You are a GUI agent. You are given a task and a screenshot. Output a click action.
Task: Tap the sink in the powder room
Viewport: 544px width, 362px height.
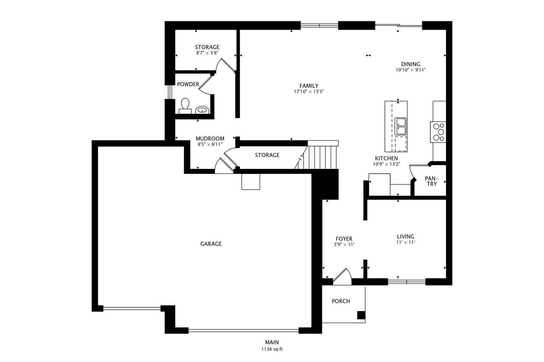[202, 110]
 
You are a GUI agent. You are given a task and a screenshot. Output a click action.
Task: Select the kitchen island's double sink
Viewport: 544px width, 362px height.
[400, 126]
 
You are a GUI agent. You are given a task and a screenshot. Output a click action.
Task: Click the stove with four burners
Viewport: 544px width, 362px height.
[439, 132]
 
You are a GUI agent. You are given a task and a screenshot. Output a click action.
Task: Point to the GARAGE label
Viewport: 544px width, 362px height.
[211, 244]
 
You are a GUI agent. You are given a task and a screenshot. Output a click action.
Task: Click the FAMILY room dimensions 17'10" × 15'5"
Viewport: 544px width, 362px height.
[309, 92]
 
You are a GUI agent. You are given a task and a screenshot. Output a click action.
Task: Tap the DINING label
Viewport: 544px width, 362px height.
[411, 64]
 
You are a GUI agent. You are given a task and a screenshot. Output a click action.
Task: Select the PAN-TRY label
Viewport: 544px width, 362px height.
[432, 181]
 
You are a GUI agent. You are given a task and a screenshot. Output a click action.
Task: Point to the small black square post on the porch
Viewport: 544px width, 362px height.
[361, 315]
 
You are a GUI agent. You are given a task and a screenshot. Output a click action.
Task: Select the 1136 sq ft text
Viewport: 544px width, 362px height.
[272, 349]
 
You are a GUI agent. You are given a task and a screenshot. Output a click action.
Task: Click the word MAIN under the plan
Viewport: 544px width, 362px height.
[272, 343]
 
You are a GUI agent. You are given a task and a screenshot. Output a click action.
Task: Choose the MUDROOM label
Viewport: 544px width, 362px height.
[210, 139]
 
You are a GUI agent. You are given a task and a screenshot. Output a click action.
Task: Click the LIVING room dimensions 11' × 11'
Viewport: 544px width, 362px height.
[405, 242]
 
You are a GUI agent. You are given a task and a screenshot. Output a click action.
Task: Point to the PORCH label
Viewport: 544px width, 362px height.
[341, 301]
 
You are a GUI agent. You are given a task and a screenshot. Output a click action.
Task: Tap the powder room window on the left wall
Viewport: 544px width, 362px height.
[170, 92]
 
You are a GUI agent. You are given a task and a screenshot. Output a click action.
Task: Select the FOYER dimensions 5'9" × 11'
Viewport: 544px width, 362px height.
[344, 245]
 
